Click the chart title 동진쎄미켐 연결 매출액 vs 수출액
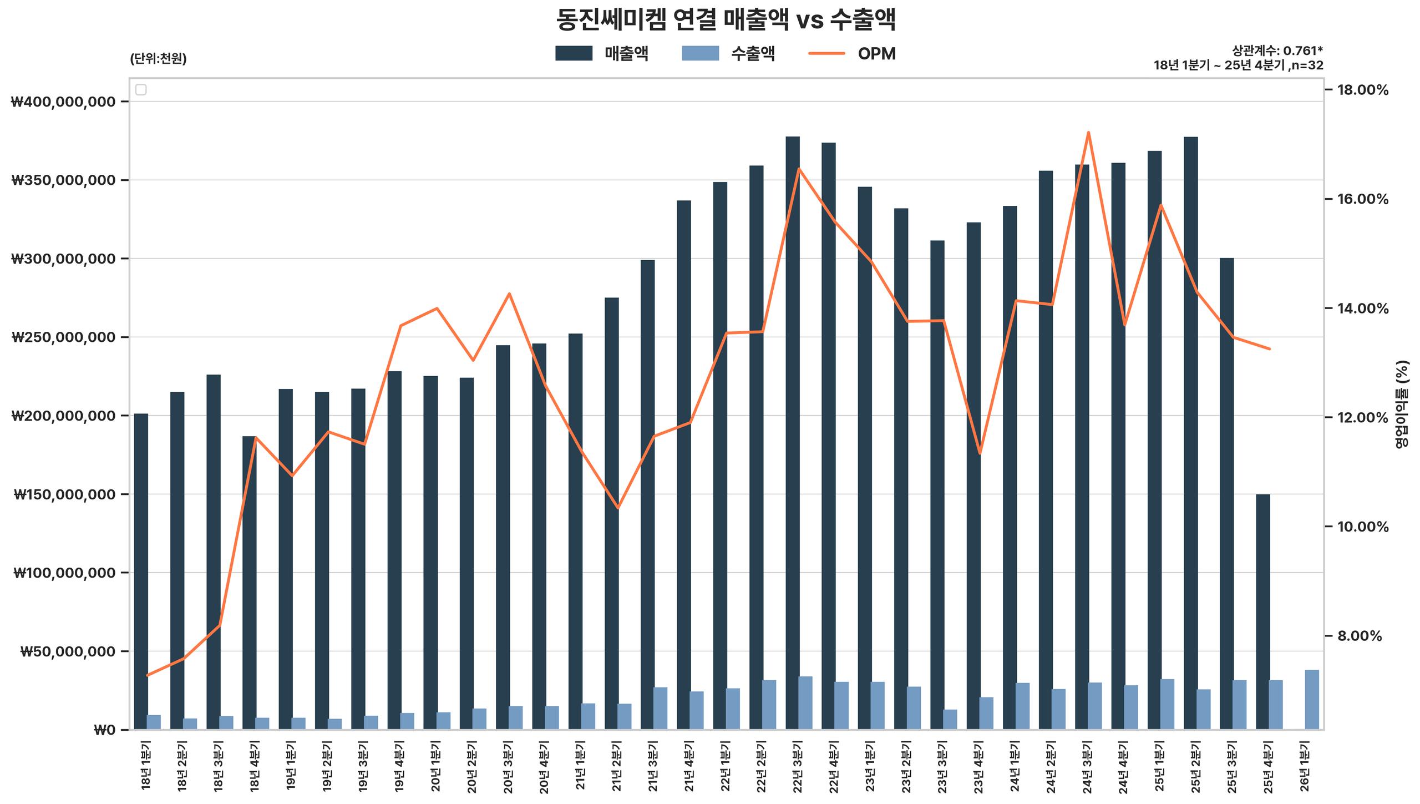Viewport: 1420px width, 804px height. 726,20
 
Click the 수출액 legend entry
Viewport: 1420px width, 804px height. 728,54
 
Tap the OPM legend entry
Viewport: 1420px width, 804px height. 852,54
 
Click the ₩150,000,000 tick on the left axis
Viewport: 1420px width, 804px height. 65,495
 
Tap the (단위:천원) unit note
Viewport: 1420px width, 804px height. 158,59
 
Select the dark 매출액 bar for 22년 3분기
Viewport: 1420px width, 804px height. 793,433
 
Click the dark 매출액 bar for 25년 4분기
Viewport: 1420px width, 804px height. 1263,610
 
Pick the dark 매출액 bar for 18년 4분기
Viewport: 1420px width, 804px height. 250,583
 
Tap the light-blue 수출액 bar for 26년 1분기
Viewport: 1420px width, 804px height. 1312,700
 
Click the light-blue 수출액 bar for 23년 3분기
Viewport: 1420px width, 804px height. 950,719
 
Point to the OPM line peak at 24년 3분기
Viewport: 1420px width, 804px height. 1088,132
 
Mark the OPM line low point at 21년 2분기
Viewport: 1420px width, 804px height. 617,508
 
